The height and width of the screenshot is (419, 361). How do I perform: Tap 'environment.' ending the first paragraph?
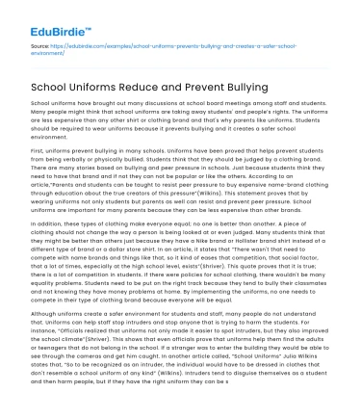coord(53,137)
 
